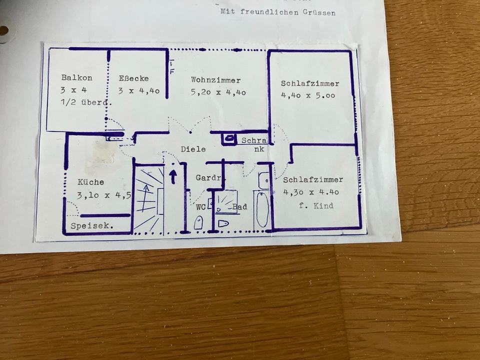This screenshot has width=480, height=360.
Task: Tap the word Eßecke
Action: tap(133, 78)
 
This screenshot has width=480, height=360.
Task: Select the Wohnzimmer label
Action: tap(215, 80)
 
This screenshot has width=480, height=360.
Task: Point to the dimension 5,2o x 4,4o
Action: tap(218, 92)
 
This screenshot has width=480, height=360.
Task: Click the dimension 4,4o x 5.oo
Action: tap(308, 95)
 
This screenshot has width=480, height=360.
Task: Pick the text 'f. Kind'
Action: tap(316, 205)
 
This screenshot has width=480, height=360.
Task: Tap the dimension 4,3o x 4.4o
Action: tap(310, 192)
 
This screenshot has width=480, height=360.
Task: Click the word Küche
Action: tap(91, 182)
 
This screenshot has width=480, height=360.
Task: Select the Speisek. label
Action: tap(92, 226)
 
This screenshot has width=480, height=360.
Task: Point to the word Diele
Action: tap(193, 149)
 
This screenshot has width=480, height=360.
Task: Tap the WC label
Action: tap(200, 206)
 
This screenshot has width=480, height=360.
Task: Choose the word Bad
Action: tap(239, 206)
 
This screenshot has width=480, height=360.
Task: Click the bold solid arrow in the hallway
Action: tap(173, 176)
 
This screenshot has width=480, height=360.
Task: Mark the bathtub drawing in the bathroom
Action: tap(262, 209)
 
